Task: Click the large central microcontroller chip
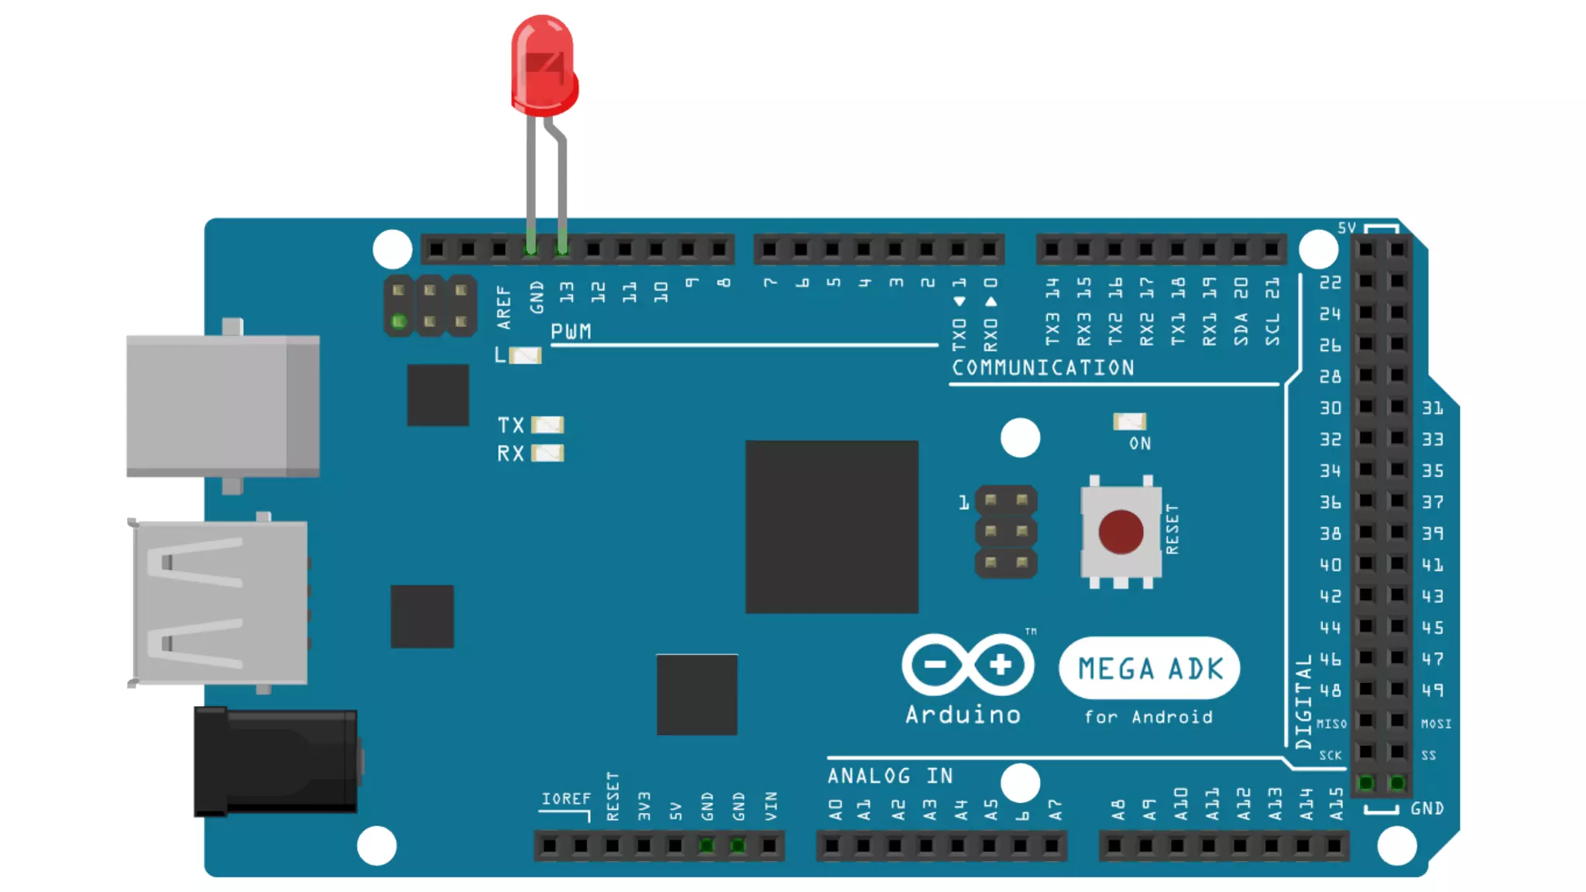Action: (x=832, y=527)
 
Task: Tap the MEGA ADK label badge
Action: (x=1149, y=668)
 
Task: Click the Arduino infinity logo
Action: (x=967, y=664)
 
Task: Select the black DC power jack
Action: (x=276, y=761)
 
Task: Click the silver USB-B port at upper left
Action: (x=223, y=405)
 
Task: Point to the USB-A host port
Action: (x=220, y=602)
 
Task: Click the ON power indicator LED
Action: (x=1129, y=421)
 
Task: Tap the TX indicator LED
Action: (x=548, y=425)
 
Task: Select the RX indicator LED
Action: (x=548, y=453)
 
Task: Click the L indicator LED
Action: (x=525, y=355)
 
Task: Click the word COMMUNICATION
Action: (x=1042, y=368)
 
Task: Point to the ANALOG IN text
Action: (x=890, y=776)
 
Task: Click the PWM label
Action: (x=571, y=332)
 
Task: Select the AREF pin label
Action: (x=504, y=307)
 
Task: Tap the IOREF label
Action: (x=565, y=799)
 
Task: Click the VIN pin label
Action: (x=771, y=806)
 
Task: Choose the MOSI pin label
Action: (x=1436, y=724)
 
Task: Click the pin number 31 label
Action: (x=1432, y=408)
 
